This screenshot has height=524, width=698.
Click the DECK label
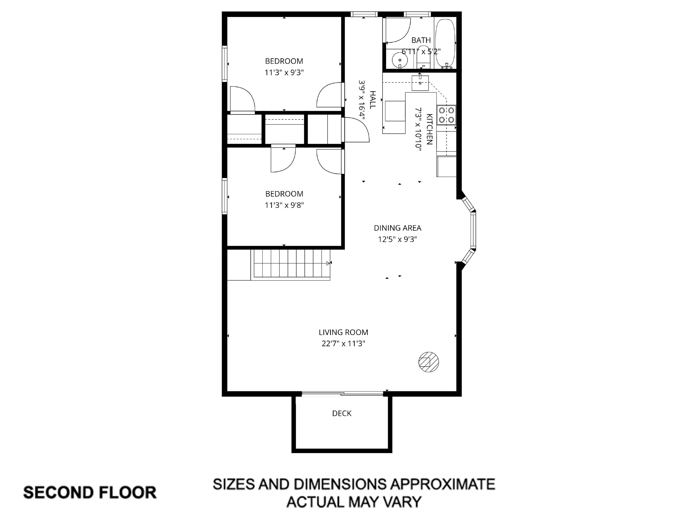pyautogui.click(x=342, y=413)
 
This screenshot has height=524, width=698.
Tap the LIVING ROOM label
pyautogui.click(x=343, y=332)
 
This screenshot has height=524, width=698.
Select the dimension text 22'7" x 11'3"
pyautogui.click(x=343, y=344)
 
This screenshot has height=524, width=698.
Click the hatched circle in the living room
pyautogui.click(x=429, y=362)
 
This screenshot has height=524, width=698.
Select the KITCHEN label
pyautogui.click(x=429, y=129)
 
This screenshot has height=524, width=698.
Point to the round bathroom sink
pyautogui.click(x=400, y=60)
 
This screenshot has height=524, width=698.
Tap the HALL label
pyautogui.click(x=373, y=100)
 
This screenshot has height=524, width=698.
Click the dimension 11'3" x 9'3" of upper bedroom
pyautogui.click(x=284, y=73)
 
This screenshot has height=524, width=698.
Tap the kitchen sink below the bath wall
pyautogui.click(x=420, y=83)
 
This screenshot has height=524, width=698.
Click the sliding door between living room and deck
pyautogui.click(x=343, y=393)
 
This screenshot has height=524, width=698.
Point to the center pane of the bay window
pyautogui.click(x=473, y=230)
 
